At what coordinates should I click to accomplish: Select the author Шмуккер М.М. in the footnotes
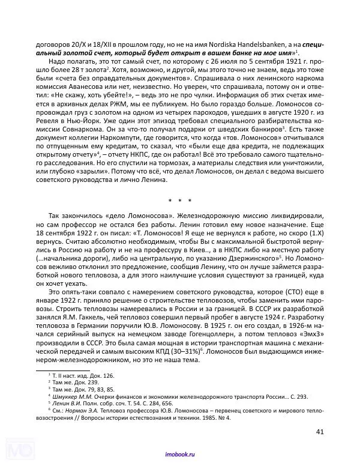click(x=74, y=397)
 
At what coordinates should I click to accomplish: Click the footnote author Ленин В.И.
click(x=67, y=404)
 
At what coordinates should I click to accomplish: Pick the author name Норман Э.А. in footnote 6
click(x=82, y=411)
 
